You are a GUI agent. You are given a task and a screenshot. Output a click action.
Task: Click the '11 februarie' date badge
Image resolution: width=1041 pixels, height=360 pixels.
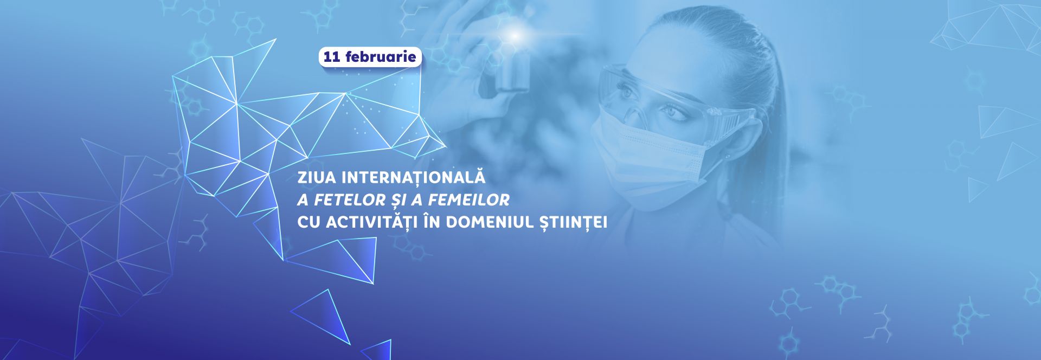(370, 56)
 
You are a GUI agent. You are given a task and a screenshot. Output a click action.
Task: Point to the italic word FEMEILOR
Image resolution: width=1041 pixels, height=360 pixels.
(468, 200)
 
